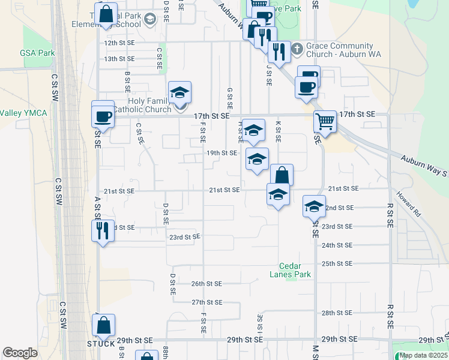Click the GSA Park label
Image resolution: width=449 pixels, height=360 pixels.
pyautogui.click(x=37, y=53)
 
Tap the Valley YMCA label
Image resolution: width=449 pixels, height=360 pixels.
pyautogui.click(x=23, y=113)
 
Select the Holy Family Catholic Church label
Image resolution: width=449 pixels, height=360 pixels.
pyautogui.click(x=141, y=105)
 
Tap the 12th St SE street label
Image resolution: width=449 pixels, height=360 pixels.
pyautogui.click(x=119, y=43)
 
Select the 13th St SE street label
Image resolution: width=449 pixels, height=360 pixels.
pyautogui.click(x=119, y=59)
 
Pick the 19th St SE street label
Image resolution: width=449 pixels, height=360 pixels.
pyautogui.click(x=222, y=153)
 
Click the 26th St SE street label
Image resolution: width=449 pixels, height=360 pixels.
pyautogui.click(x=206, y=283)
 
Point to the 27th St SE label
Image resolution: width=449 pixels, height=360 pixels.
pyautogui.click(x=207, y=302)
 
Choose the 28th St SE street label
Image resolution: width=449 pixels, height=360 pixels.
pyautogui.click(x=336, y=313)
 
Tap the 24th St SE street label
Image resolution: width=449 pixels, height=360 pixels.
pyautogui.click(x=336, y=245)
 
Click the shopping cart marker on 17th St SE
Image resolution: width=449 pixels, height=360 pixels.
pyautogui.click(x=325, y=121)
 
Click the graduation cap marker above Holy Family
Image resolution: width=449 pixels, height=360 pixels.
pyautogui.click(x=179, y=93)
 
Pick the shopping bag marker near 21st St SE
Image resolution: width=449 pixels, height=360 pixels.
pyautogui.click(x=282, y=175)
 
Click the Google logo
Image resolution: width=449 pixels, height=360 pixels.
pyautogui.click(x=20, y=353)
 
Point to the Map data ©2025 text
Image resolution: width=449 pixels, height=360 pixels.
pyautogui.click(x=423, y=355)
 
